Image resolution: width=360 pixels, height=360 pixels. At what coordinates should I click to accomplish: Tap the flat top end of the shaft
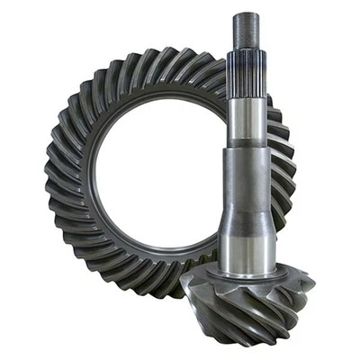pos(246,14)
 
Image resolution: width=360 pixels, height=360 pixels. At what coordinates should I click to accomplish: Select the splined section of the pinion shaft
pos(246,77)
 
